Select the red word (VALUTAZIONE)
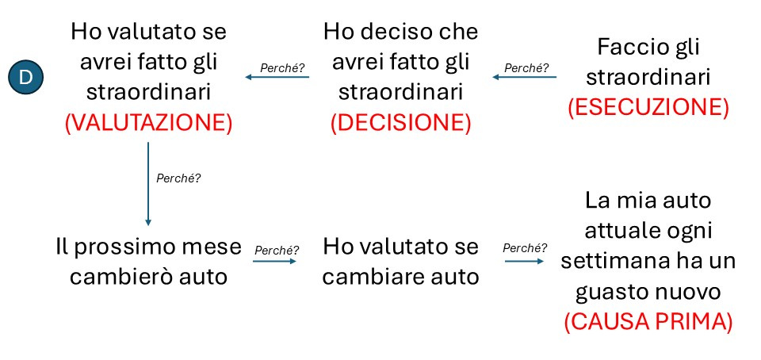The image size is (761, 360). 147,123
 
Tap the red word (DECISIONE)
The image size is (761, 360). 400,123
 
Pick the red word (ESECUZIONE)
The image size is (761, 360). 648,108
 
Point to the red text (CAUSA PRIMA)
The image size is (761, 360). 648,323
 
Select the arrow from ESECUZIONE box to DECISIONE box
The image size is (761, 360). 524,77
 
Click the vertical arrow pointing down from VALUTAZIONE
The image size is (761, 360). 147,183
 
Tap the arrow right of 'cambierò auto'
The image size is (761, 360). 274,260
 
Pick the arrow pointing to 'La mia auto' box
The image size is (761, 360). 524,259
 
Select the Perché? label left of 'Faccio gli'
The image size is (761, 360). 526,67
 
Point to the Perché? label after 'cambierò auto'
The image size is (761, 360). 275,250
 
